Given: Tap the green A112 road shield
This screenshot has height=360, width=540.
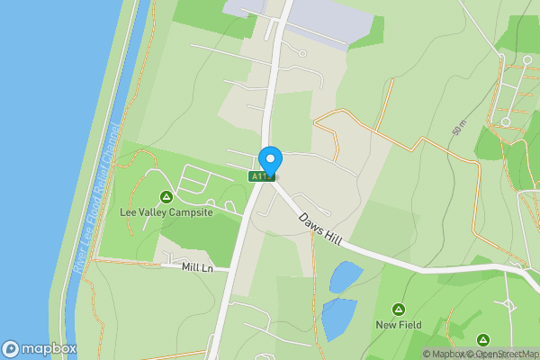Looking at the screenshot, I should point(260,176).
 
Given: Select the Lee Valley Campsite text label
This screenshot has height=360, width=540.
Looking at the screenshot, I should point(166,212).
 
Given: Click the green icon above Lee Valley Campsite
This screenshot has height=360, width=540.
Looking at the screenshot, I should point(166,197).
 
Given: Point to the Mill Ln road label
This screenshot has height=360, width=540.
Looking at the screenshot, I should point(196,267).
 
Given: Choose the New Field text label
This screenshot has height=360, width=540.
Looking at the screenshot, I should point(398,324).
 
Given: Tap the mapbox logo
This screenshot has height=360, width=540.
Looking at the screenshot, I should point(39,348).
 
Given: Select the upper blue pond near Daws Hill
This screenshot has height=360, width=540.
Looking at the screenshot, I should point(346,276).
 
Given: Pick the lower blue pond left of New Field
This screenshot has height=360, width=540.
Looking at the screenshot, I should point(339,317).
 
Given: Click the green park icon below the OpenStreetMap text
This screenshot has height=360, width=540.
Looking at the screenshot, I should point(483,340).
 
